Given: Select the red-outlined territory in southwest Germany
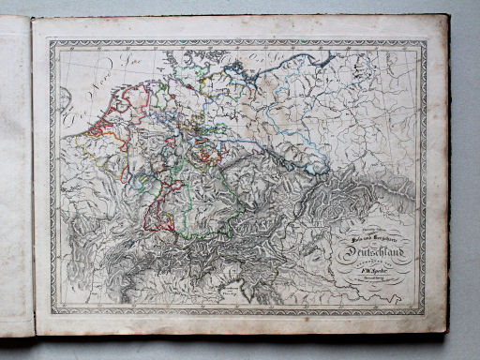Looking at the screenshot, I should pyautogui.click(x=155, y=202).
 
